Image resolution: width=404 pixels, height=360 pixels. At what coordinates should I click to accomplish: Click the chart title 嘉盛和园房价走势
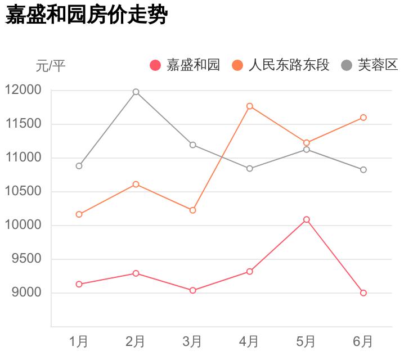tap(87, 15)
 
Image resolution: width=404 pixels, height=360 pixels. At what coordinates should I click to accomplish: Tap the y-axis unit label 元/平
tap(51, 66)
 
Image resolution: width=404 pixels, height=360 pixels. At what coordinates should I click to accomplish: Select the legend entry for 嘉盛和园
tap(185, 65)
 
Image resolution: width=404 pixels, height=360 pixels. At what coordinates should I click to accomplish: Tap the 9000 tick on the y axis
tap(26, 292)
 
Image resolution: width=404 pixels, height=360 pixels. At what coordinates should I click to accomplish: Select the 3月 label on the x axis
tap(192, 341)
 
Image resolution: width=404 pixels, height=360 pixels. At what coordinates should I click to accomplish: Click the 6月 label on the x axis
tap(363, 341)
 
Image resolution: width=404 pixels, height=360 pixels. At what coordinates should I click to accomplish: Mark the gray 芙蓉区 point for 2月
tap(136, 92)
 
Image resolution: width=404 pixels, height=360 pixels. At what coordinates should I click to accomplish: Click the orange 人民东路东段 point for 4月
tap(249, 106)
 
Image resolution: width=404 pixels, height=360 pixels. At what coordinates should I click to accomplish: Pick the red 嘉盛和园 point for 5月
tap(306, 219)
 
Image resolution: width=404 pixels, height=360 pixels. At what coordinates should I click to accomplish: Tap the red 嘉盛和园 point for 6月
tap(363, 292)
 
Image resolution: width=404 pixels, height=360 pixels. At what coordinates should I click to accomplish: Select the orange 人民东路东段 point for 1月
tap(79, 214)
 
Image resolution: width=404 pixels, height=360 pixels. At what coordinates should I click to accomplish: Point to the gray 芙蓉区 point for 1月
tap(79, 166)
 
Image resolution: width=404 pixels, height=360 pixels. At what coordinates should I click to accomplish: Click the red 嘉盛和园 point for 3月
tap(192, 290)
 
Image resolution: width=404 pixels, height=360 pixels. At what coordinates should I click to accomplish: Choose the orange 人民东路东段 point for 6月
tap(363, 118)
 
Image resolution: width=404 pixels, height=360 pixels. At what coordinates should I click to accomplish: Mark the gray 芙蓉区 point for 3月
tap(192, 145)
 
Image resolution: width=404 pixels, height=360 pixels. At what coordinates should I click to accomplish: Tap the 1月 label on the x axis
tap(79, 341)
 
